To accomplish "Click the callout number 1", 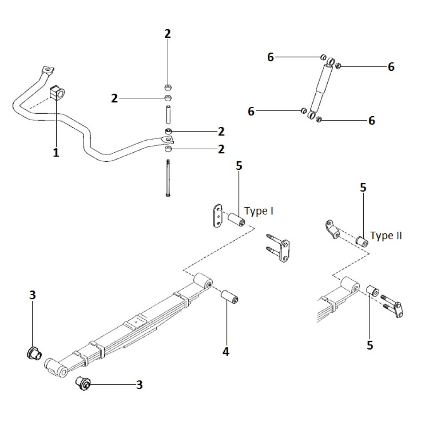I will click(56, 152).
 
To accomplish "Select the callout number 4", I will click(226, 352).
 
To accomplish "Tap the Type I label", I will click(259, 211).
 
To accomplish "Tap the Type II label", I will click(386, 236).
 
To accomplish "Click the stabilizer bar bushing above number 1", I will click(56, 92).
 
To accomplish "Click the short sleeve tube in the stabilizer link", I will click(169, 114).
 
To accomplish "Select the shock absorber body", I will click(321, 89).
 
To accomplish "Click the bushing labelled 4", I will click(230, 297).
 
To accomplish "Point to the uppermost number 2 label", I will click(167, 34).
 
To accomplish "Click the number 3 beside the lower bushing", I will click(139, 385).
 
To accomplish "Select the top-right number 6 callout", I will click(391, 67).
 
